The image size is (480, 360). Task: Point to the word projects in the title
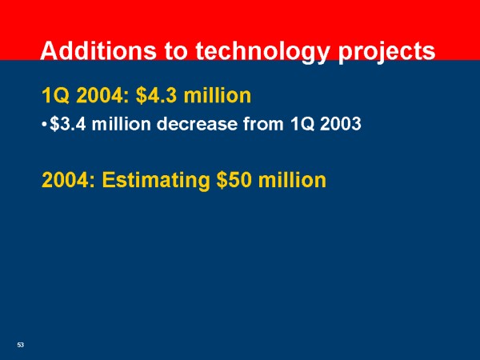pos(386,53)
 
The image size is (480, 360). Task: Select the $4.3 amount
pos(156,95)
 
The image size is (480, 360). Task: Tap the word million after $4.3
pos(218,95)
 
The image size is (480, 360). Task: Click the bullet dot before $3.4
pos(44,125)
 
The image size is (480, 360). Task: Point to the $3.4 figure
pos(68,124)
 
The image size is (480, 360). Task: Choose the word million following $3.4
pos(122,124)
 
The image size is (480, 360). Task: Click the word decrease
pos(197,124)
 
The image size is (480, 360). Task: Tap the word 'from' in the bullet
pos(263,124)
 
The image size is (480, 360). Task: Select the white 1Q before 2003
pos(302,124)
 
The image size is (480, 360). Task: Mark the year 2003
pos(341,124)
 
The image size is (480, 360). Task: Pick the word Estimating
pos(156,181)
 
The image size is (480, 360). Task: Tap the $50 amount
pos(234,180)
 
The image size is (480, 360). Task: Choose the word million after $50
pos(292,180)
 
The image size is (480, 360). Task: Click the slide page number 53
pos(21,345)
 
